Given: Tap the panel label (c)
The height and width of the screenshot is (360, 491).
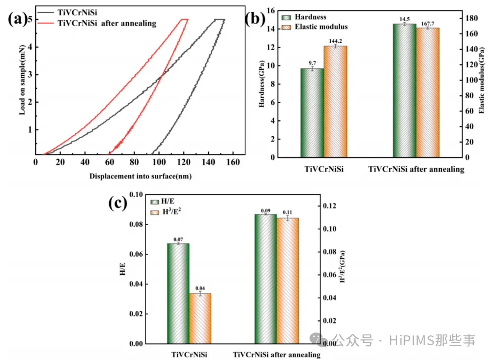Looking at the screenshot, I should (117, 203).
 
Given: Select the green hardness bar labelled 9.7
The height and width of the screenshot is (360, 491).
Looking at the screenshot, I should (312, 113).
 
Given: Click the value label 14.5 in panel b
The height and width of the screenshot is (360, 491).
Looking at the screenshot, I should (404, 19).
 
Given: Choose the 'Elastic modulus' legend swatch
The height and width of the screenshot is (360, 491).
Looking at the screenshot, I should (287, 27).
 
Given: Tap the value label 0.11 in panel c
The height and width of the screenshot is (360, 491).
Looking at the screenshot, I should (288, 212).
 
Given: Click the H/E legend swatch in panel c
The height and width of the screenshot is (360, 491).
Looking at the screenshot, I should (154, 202).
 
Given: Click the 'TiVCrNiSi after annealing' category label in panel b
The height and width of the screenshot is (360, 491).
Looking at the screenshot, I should (416, 170).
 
